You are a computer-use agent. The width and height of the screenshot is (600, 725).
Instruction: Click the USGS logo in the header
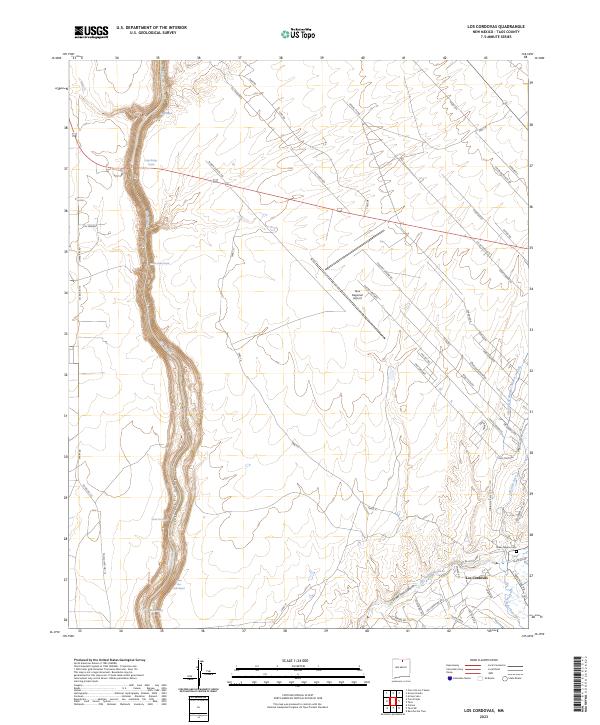click(91, 32)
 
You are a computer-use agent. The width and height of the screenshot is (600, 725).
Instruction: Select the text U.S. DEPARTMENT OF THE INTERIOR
click(151, 27)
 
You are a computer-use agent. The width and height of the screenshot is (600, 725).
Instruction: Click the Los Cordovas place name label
click(477, 574)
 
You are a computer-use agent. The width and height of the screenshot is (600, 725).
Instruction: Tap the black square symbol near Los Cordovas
click(517, 551)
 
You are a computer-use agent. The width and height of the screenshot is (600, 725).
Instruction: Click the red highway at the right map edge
click(525, 245)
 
